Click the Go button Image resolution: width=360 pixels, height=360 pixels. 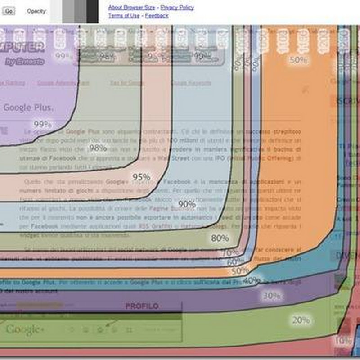[9, 10]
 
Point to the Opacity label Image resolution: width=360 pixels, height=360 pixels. [36, 10]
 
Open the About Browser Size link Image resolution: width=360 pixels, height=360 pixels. [131, 7]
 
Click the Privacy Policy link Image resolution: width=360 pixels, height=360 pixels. [177, 7]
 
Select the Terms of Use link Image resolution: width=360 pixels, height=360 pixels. [124, 15]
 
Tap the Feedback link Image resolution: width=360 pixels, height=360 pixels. [157, 15]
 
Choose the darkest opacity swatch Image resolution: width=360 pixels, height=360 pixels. [92, 11]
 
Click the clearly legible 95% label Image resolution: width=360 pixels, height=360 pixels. [141, 177]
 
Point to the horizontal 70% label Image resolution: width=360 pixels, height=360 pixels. [230, 252]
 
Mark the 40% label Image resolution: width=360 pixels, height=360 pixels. [252, 280]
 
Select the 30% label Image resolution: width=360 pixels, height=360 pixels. [271, 296]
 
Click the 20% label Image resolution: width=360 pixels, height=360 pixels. [301, 320]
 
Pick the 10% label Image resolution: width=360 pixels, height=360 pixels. [343, 341]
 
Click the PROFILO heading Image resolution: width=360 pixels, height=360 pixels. [142, 306]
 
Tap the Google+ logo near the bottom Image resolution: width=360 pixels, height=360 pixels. [25, 329]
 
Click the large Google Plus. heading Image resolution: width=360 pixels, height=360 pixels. [28, 108]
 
